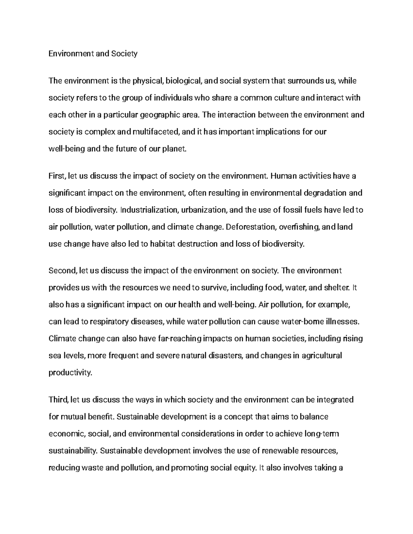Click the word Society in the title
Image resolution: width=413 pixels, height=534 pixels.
[124, 54]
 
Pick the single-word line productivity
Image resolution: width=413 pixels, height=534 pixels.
[71, 372]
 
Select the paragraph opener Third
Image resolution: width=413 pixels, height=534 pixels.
[59, 400]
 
